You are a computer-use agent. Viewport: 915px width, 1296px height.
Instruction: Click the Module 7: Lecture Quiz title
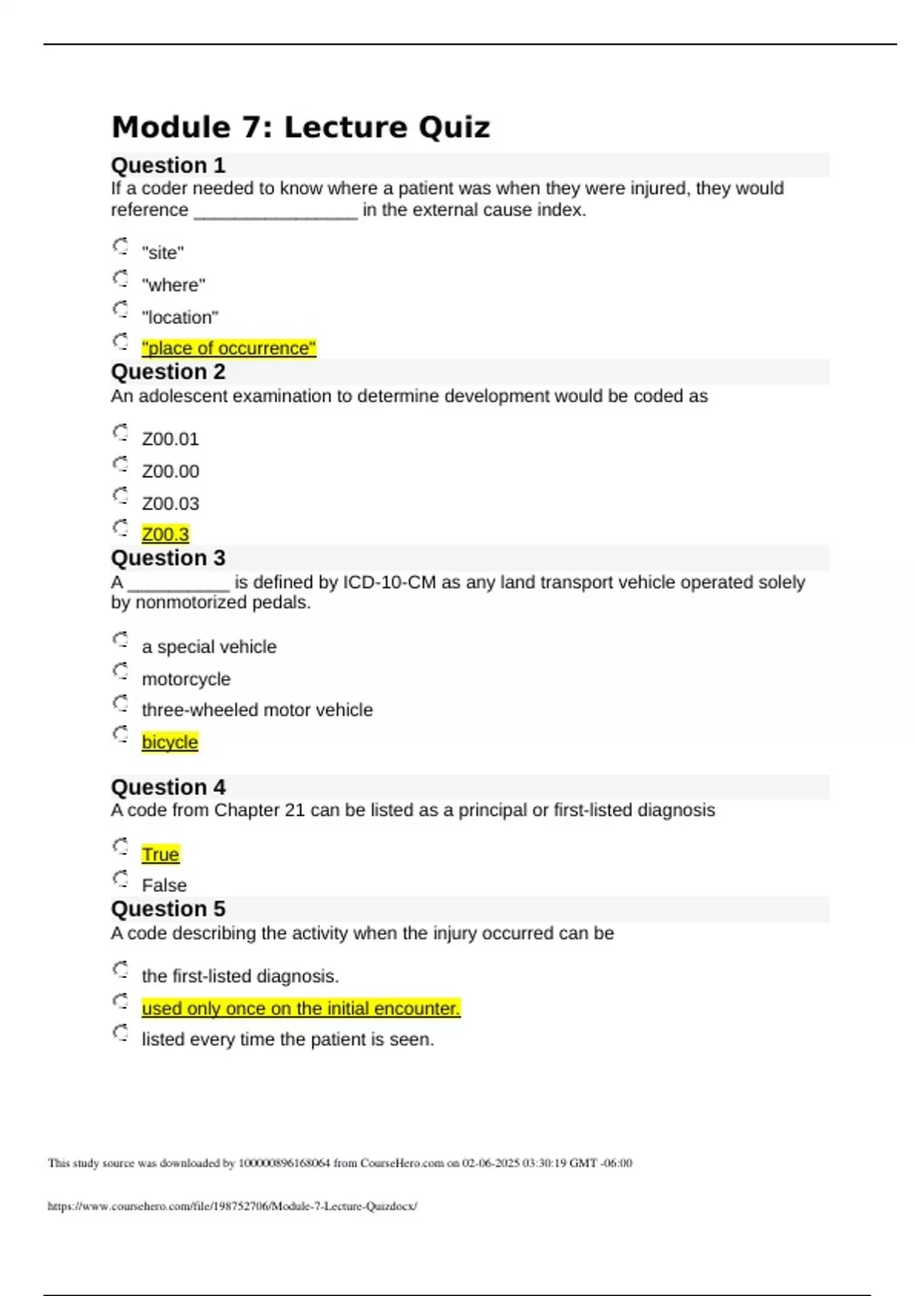click(x=300, y=127)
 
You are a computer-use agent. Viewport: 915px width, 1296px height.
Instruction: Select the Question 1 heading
click(x=168, y=165)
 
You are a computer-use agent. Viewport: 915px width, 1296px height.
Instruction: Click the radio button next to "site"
click(x=120, y=246)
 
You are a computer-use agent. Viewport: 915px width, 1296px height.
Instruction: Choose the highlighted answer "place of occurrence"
click(x=229, y=348)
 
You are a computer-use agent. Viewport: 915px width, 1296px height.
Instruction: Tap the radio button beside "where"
click(x=120, y=278)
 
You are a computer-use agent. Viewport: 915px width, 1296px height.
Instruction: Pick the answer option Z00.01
click(x=170, y=439)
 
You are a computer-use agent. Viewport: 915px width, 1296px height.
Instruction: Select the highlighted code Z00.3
click(x=165, y=534)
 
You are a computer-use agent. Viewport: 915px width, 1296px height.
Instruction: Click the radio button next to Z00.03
click(x=120, y=496)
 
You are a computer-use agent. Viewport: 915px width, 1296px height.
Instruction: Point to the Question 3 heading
click(x=168, y=558)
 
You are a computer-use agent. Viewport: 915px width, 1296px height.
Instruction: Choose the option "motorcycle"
click(x=186, y=679)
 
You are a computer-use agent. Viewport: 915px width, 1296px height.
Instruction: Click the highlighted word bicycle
click(x=170, y=743)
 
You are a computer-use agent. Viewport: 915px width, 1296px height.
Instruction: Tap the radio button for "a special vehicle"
click(x=120, y=640)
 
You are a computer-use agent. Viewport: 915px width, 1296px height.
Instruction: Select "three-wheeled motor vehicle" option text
click(x=257, y=711)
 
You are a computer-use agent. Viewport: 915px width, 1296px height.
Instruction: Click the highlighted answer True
click(x=160, y=855)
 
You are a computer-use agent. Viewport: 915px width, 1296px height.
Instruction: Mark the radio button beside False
click(x=120, y=879)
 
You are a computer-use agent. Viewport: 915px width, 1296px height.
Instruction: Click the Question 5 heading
click(x=168, y=909)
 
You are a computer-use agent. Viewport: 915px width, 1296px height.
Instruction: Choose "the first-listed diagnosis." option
click(x=240, y=977)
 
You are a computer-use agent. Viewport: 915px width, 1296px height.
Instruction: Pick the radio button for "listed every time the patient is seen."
click(x=120, y=1033)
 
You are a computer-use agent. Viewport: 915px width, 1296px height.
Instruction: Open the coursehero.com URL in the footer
click(x=232, y=1206)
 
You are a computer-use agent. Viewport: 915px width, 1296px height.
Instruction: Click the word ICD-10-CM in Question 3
click(x=389, y=582)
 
